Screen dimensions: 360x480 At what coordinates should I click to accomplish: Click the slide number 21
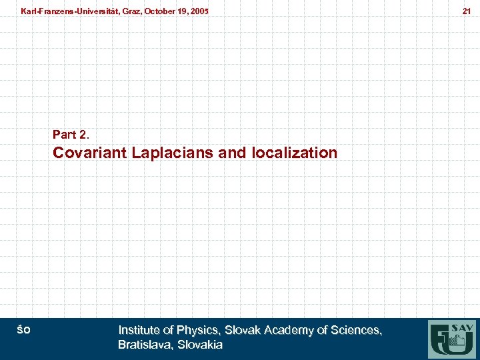click(467, 11)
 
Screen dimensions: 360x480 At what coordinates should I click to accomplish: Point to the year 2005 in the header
click(197, 11)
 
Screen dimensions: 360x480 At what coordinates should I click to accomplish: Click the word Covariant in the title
click(90, 153)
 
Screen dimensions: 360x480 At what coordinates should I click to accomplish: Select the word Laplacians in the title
click(173, 153)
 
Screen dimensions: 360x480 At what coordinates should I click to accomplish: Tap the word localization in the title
click(295, 153)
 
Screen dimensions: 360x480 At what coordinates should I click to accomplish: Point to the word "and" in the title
click(232, 153)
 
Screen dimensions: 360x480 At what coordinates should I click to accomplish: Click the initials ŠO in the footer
click(23, 329)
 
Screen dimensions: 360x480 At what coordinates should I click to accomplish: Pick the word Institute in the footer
click(139, 330)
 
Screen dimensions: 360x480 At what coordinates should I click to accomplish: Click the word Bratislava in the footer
click(145, 345)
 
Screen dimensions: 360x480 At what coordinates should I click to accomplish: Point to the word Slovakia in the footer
click(199, 345)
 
